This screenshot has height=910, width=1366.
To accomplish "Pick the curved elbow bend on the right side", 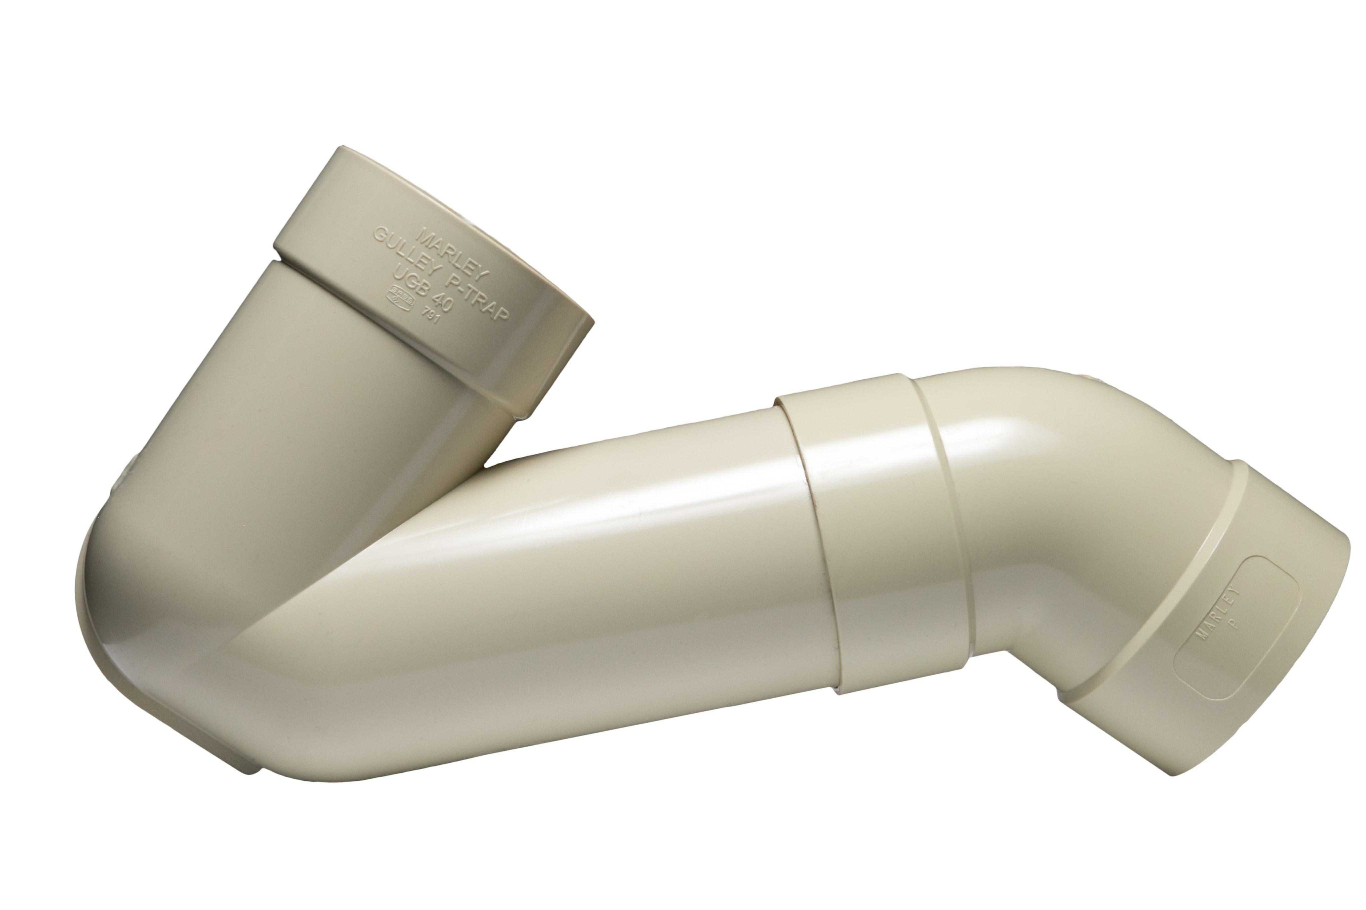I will click(1045, 493).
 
